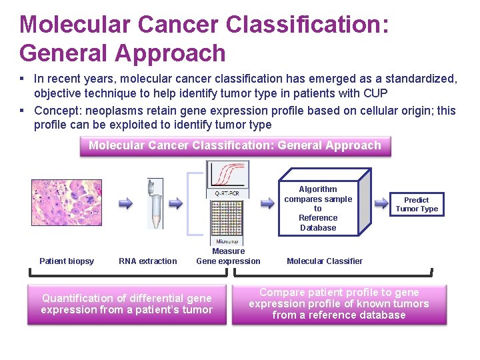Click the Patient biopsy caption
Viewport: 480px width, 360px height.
point(67,261)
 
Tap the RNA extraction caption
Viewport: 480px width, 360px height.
point(148,261)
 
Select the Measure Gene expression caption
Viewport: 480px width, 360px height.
point(228,256)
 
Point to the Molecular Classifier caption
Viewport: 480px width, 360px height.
point(325,261)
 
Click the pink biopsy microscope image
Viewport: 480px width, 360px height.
point(67,203)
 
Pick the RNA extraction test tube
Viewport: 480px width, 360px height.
point(156,203)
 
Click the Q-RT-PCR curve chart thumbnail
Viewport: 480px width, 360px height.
point(227,179)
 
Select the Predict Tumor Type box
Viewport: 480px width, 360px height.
point(417,204)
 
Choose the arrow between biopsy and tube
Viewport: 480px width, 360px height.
point(125,203)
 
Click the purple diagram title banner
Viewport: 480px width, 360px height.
point(235,145)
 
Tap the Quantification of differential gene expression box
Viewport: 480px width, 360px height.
point(127,304)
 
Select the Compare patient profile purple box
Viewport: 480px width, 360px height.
point(339,304)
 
